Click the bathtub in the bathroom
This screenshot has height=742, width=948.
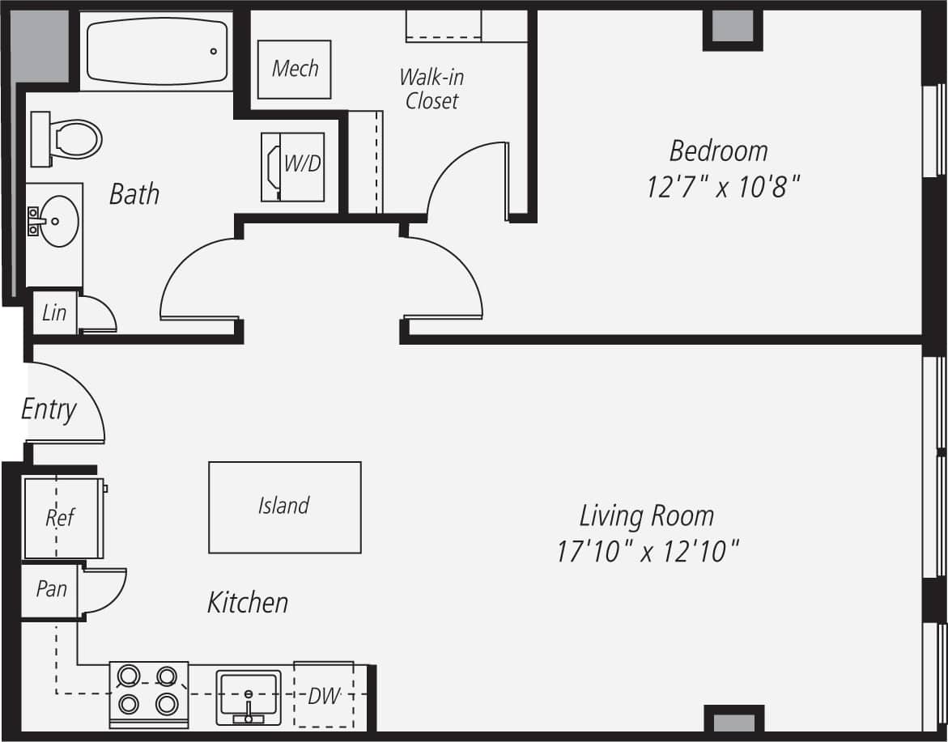tap(156, 51)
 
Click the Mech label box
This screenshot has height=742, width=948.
tap(295, 69)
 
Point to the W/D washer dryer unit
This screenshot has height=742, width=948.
tap(293, 167)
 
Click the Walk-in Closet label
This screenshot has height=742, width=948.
tap(431, 89)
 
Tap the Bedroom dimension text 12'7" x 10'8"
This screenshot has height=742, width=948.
tap(723, 188)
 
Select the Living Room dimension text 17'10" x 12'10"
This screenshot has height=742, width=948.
tap(647, 552)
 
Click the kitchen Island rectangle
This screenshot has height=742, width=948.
tap(284, 507)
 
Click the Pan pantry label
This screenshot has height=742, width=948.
tap(51, 589)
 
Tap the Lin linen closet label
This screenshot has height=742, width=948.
tap(53, 312)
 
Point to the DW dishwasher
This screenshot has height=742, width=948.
tap(324, 695)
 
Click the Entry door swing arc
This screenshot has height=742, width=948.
tap(77, 396)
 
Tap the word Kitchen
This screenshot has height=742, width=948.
tap(248, 602)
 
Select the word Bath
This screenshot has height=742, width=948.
tap(134, 194)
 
